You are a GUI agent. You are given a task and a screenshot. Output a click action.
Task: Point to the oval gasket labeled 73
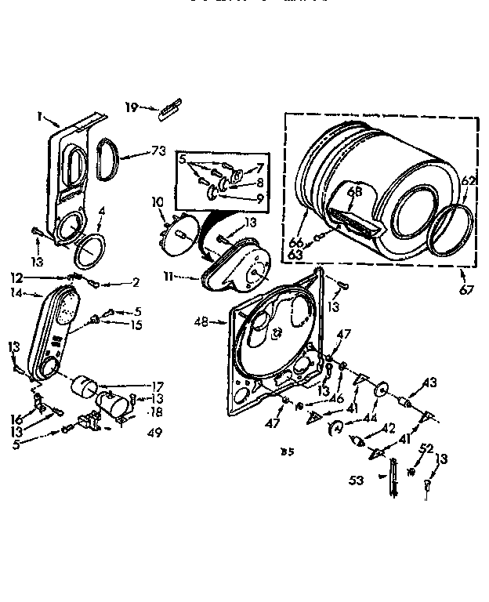[x=109, y=158]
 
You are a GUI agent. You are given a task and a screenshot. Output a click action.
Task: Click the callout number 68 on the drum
[x=354, y=190]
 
